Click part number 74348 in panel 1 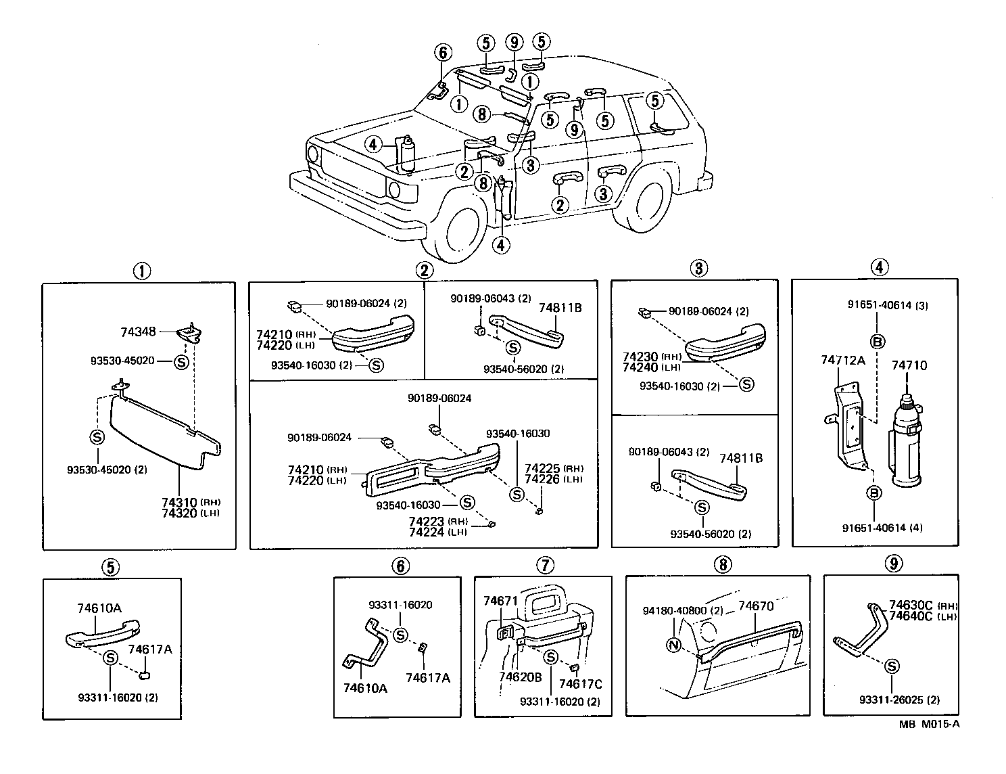[138, 332]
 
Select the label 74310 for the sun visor [179, 502]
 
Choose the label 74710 [909, 366]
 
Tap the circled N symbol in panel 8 [673, 645]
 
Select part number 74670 [755, 606]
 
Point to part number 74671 [500, 601]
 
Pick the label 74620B [521, 677]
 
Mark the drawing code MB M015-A [929, 724]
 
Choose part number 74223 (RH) [427, 522]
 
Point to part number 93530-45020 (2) [107, 470]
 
